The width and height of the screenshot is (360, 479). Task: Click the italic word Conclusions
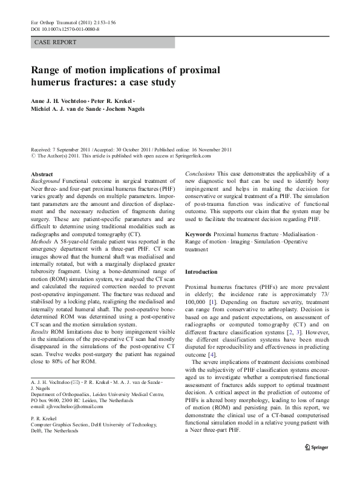coord(200,174)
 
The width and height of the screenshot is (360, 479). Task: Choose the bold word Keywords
coord(199,234)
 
